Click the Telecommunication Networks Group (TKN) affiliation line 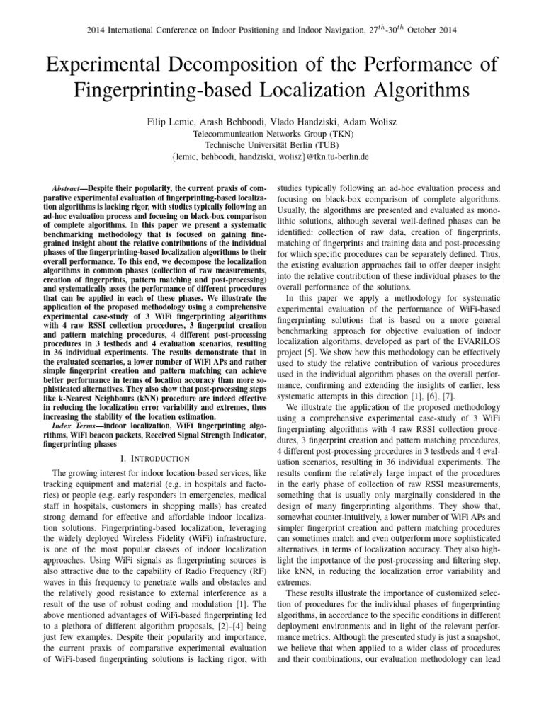[271, 133]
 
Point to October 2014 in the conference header [429, 30]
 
